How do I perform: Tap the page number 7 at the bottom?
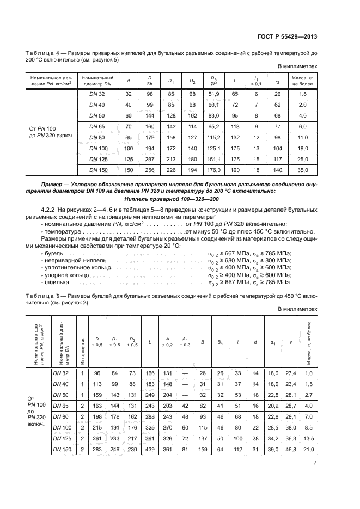click(x=315, y=463)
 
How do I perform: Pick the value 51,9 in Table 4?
click(x=214, y=94)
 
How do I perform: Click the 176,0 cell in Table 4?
click(x=214, y=170)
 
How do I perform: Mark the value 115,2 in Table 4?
click(x=214, y=137)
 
